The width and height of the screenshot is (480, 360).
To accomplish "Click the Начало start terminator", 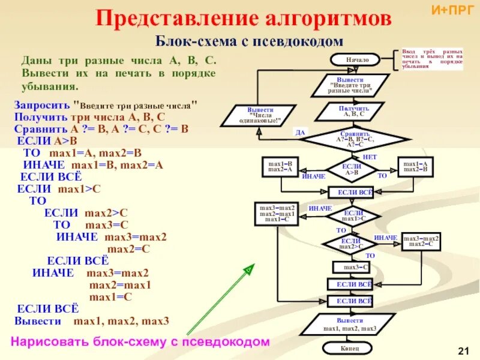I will (353, 59).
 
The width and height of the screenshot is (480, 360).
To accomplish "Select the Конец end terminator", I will (350, 347).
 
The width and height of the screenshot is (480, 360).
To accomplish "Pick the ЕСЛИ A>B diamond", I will (351, 169).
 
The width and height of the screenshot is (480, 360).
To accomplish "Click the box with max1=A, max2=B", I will (415, 167).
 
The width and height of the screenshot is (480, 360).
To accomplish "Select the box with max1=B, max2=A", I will (280, 167).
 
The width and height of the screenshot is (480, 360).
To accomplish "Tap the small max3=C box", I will (355, 266).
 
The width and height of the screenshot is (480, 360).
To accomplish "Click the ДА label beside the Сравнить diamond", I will (301, 131).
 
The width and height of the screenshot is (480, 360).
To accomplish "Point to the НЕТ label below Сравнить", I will (370, 156).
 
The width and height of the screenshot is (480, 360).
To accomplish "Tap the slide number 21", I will (463, 350).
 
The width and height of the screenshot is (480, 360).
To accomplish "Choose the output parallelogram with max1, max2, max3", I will (350, 325).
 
